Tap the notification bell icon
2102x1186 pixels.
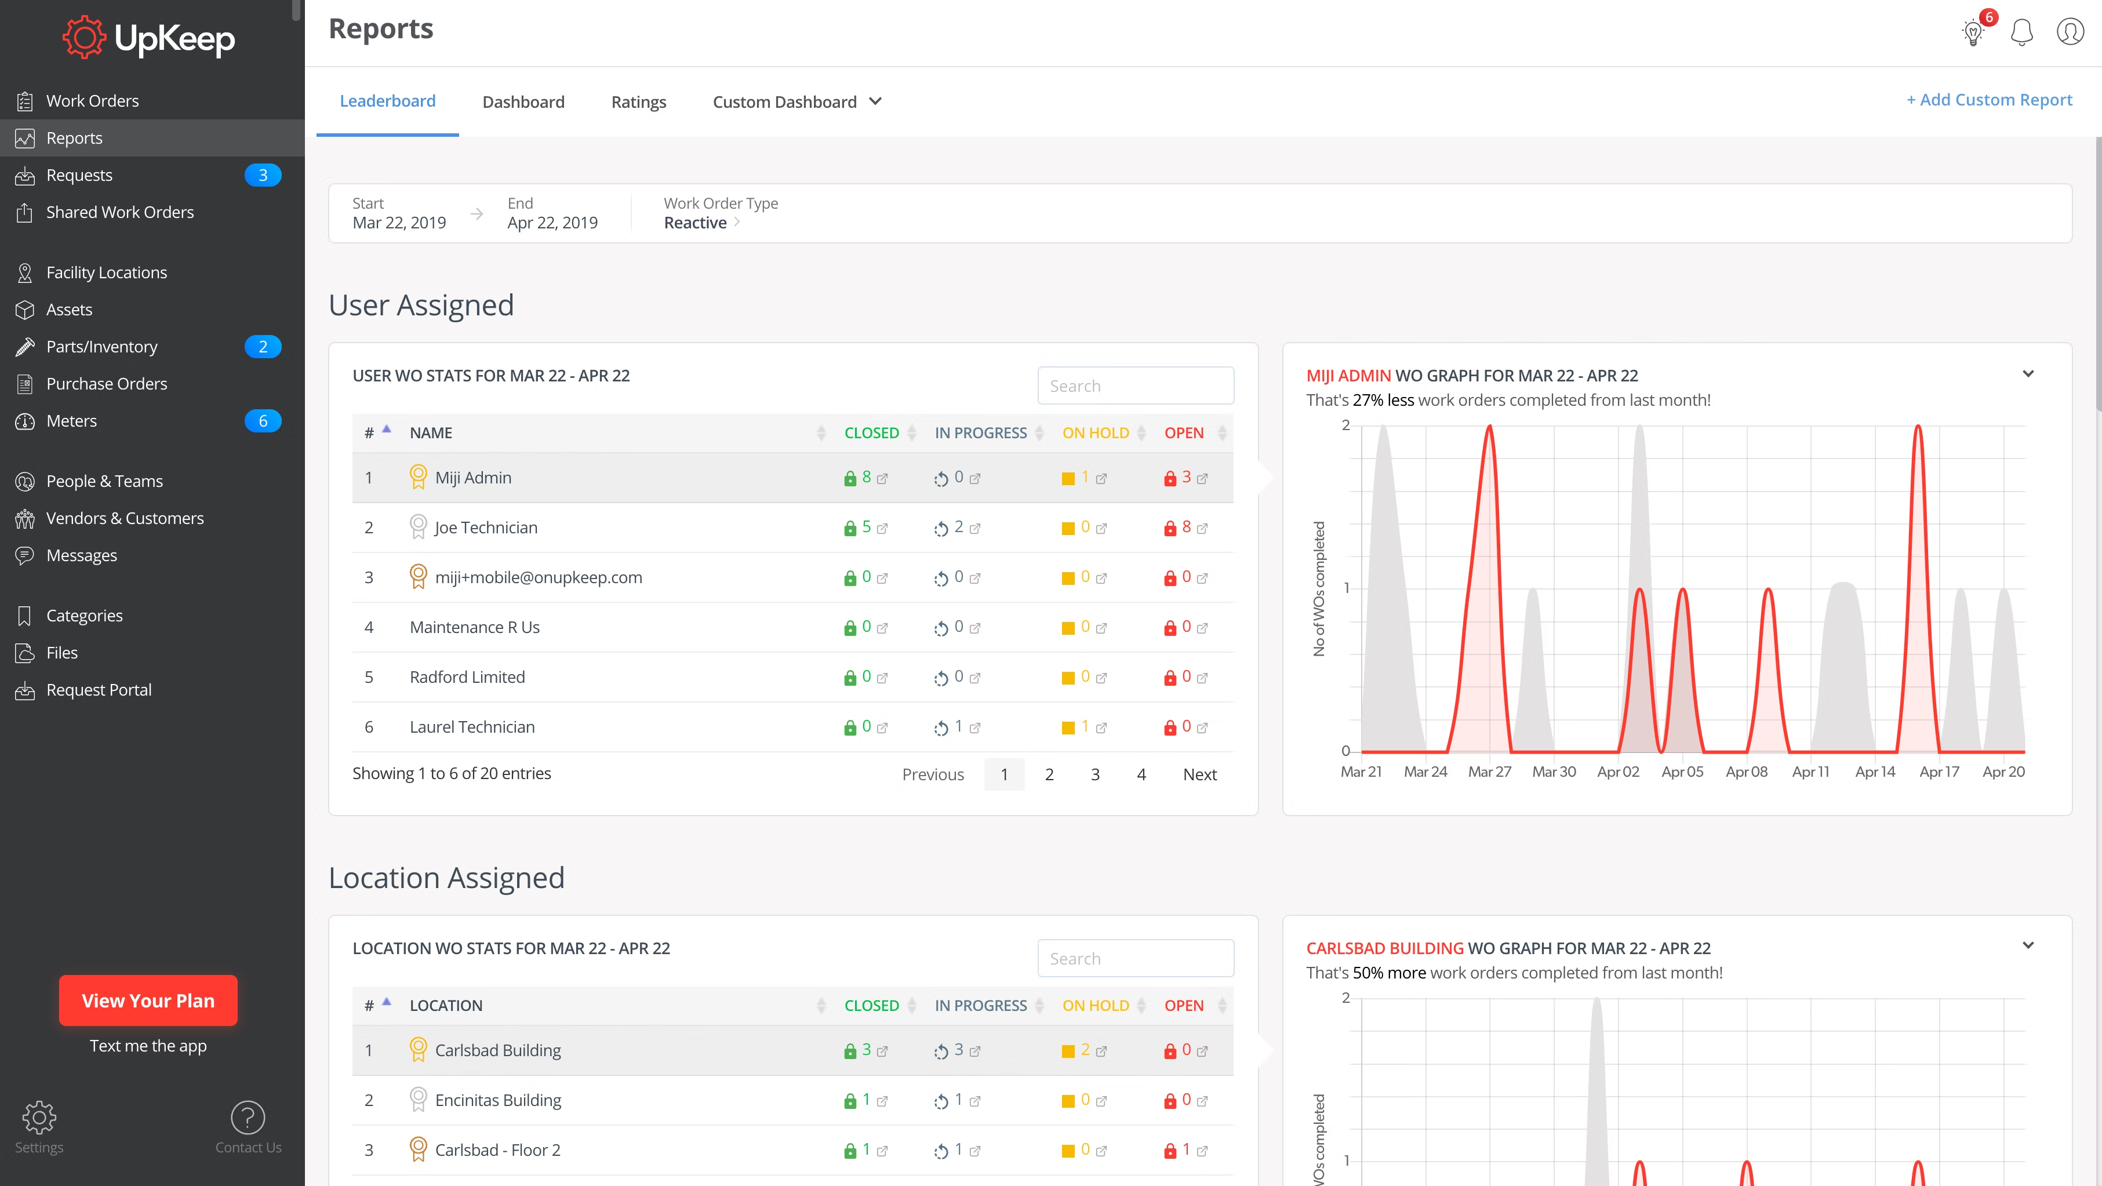point(2021,32)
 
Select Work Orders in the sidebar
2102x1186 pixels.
point(92,101)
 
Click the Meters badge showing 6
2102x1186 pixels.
point(263,421)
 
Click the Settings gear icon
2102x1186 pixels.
point(38,1118)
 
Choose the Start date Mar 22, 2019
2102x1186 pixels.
point(399,223)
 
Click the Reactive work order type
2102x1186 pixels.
point(695,223)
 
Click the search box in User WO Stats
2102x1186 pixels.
point(1135,386)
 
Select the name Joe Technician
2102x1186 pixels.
point(486,527)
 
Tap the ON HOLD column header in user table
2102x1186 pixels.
point(1095,433)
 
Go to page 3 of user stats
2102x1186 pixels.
point(1095,774)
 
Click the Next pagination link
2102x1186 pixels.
point(1199,774)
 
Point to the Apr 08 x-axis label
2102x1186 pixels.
point(1746,772)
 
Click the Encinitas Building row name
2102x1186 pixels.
point(498,1100)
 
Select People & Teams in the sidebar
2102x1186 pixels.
point(104,481)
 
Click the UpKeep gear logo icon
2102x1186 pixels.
point(84,38)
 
